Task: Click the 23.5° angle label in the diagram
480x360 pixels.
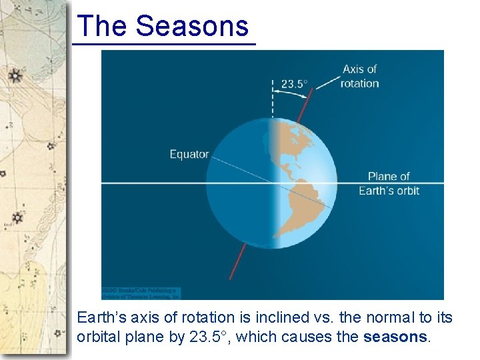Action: (294, 84)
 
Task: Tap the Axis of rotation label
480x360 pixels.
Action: (359, 76)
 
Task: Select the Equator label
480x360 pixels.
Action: (189, 155)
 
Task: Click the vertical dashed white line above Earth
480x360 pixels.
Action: (272, 100)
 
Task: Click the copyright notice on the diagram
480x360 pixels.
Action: (141, 293)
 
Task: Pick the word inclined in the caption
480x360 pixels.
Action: (290, 317)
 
